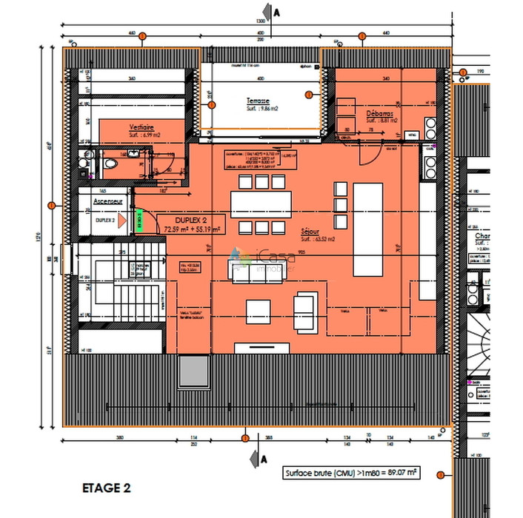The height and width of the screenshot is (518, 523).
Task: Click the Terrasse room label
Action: [x=258, y=101]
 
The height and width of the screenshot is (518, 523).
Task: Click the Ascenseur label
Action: [x=107, y=201]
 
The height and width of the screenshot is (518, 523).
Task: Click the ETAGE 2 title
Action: [x=106, y=488]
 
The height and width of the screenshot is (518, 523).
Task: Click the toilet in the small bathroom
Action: [x=109, y=163]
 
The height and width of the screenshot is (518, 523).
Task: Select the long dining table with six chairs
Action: [x=257, y=203]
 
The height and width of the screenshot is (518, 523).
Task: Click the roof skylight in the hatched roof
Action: [x=193, y=370]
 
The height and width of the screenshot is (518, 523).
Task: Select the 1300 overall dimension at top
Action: [x=261, y=21]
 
